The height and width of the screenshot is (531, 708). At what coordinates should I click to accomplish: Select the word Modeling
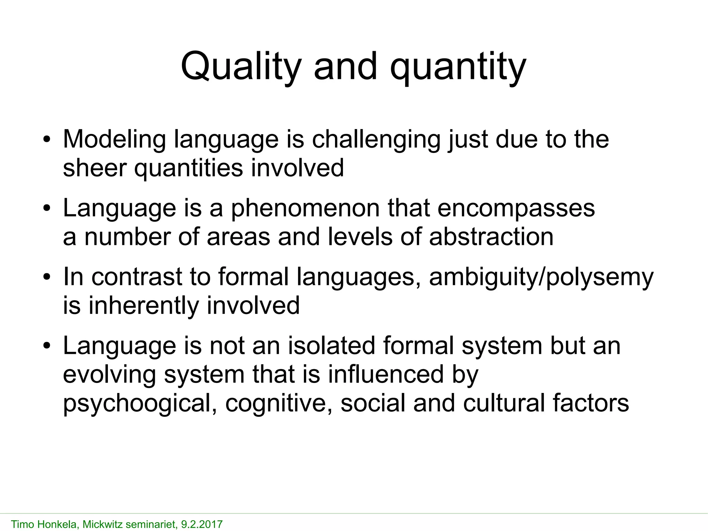point(114,139)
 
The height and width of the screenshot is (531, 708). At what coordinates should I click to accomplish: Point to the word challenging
point(376,139)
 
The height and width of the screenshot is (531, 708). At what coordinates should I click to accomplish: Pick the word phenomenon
point(305,208)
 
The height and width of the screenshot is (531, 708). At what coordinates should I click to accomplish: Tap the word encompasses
point(516,208)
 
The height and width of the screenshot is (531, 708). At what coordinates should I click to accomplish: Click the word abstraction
point(491,237)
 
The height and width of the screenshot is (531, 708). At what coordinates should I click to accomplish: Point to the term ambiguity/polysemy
point(541,277)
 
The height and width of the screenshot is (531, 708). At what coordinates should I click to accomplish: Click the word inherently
point(144,306)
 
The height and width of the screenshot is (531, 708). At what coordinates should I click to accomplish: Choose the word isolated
point(331,346)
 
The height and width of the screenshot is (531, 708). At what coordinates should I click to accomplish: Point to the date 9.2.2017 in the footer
point(202,524)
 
